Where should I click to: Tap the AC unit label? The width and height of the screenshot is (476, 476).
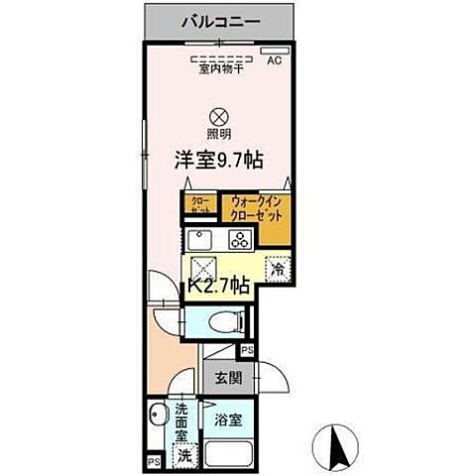pos(274,59)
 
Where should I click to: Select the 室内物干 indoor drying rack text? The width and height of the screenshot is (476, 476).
pos(219,68)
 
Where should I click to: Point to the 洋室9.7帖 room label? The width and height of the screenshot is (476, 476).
pos(219,159)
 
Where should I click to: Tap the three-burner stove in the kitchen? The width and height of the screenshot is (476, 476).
pos(240,238)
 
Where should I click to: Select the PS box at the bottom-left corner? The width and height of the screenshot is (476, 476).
pos(153,461)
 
